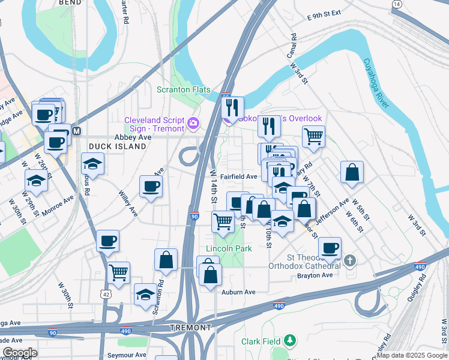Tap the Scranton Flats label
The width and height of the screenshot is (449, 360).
183,90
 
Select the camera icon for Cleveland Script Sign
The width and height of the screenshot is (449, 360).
193,124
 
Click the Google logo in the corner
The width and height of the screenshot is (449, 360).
19,353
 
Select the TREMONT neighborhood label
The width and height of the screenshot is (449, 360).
191,328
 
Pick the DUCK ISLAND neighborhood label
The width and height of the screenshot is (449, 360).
109,146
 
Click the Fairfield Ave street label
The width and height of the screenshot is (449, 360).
238,176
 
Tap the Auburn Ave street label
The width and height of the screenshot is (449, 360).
240,292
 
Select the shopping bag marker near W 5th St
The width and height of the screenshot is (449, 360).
352,172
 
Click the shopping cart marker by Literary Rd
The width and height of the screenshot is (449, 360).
313,136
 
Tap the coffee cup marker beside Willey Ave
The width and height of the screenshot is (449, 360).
151,185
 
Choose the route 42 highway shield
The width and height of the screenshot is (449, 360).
106,294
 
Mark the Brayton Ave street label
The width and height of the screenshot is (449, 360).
315,275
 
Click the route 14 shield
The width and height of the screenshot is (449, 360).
396,4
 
